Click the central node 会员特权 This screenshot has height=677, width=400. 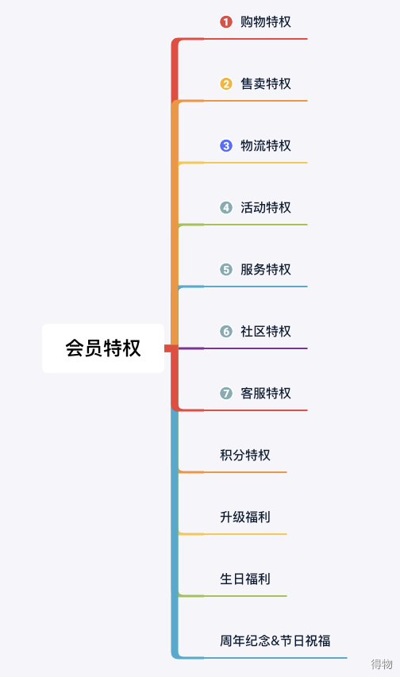pyautogui.click(x=103, y=348)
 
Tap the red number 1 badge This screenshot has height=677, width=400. pyautogui.click(x=226, y=21)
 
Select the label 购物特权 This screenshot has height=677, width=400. pyautogui.click(x=266, y=21)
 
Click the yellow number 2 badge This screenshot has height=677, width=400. pyautogui.click(x=226, y=84)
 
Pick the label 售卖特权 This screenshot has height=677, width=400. pyautogui.click(x=266, y=84)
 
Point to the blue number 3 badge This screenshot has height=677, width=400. pyautogui.click(x=226, y=145)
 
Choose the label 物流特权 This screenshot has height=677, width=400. pyautogui.click(x=266, y=145)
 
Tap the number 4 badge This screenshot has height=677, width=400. pyautogui.click(x=226, y=208)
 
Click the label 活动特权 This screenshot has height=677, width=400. pyautogui.click(x=266, y=208)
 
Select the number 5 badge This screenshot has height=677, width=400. pyautogui.click(x=226, y=269)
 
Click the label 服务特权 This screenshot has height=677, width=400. pyautogui.click(x=266, y=269)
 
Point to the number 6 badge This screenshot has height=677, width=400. pyautogui.click(x=226, y=331)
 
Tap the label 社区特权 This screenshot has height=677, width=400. pyautogui.click(x=266, y=331)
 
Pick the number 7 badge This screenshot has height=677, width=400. pyautogui.click(x=226, y=394)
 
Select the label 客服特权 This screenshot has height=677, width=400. pyautogui.click(x=266, y=394)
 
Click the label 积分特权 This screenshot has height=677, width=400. pyautogui.click(x=245, y=455)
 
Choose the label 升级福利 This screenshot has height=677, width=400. pyautogui.click(x=245, y=517)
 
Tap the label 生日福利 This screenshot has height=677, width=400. pyautogui.click(x=245, y=579)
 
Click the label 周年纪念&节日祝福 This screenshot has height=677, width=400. pyautogui.click(x=275, y=640)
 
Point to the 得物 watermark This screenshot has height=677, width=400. pyautogui.click(x=382, y=664)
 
